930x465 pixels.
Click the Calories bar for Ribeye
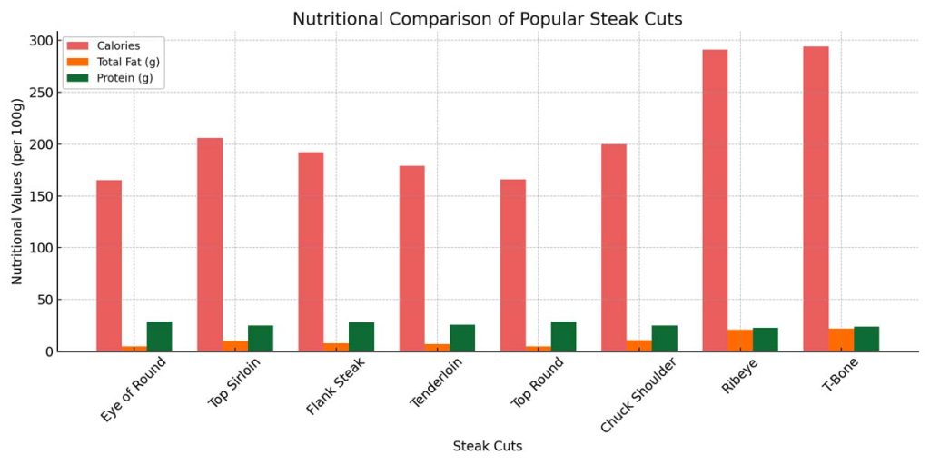(x=715, y=200)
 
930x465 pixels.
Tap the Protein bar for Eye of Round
(x=160, y=337)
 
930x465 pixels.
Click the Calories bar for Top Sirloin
(x=210, y=244)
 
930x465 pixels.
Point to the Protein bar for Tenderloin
(x=462, y=339)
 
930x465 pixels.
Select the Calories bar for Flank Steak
(x=311, y=252)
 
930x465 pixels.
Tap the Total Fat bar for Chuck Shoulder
(x=638, y=346)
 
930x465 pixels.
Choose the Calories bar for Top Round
(x=512, y=264)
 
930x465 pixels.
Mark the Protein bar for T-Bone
(x=866, y=340)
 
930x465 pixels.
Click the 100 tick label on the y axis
(x=42, y=248)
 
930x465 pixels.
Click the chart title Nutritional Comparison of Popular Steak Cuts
(x=487, y=18)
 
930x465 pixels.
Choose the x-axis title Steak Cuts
(x=487, y=447)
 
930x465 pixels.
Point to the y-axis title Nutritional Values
(x=17, y=195)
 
